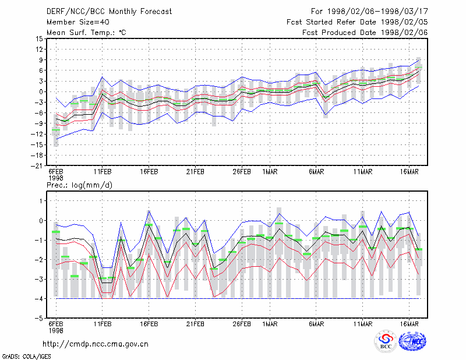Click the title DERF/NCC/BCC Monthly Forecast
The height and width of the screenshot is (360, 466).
click(x=109, y=12)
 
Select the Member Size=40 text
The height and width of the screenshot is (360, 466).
click(x=78, y=22)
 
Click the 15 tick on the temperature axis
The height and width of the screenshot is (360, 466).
click(x=39, y=38)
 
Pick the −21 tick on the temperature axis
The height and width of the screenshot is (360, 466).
click(x=37, y=166)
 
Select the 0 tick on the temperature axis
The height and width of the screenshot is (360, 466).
click(x=41, y=91)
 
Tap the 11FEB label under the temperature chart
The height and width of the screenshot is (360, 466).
click(x=103, y=172)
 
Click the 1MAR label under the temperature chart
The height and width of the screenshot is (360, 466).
click(x=270, y=172)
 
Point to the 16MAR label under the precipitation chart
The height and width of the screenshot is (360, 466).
click(x=409, y=324)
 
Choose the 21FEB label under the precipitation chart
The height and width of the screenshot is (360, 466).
click(x=195, y=324)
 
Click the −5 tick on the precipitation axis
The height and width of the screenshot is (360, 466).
click(x=39, y=318)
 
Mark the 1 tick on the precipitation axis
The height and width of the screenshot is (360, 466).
click(x=41, y=201)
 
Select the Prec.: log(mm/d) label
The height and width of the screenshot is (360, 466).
click(x=79, y=185)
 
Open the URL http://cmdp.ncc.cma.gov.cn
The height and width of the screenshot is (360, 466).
click(x=96, y=344)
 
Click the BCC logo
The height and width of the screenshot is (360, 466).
click(x=386, y=341)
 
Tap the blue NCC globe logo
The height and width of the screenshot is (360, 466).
click(x=412, y=341)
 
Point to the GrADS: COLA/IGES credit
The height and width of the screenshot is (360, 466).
click(x=26, y=357)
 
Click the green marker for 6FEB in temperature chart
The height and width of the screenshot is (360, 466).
click(x=56, y=130)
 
